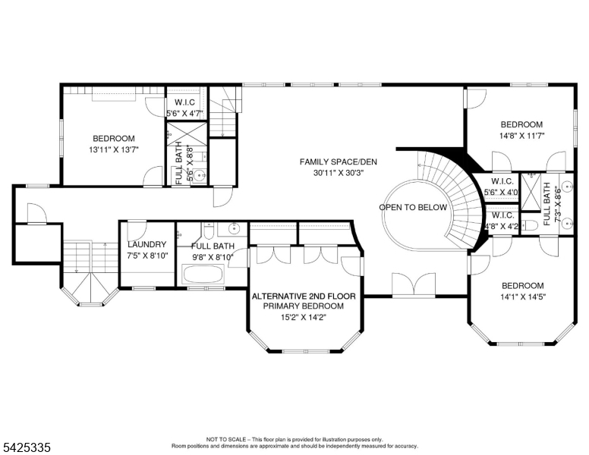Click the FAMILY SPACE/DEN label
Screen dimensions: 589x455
click(338, 162)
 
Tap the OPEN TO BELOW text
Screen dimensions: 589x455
click(413, 208)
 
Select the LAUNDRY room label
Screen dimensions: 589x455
click(147, 245)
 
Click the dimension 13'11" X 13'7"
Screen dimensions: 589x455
click(114, 150)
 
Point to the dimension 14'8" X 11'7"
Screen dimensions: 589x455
click(521, 136)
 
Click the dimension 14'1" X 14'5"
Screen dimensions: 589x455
click(523, 297)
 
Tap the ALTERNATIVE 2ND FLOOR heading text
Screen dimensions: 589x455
click(304, 297)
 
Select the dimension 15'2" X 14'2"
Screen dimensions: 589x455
click(304, 318)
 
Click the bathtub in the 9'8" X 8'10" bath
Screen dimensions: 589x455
click(203, 275)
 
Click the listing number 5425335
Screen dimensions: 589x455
click(27, 447)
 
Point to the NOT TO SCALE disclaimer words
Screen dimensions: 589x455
click(226, 439)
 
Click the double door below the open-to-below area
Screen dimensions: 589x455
click(414, 285)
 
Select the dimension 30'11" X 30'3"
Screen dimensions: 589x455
click(339, 173)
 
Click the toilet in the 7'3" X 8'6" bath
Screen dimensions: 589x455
click(529, 225)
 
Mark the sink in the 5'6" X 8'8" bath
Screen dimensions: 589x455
click(201, 175)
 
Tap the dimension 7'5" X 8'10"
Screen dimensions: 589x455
click(147, 256)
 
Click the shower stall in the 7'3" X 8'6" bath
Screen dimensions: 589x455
click(531, 191)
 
